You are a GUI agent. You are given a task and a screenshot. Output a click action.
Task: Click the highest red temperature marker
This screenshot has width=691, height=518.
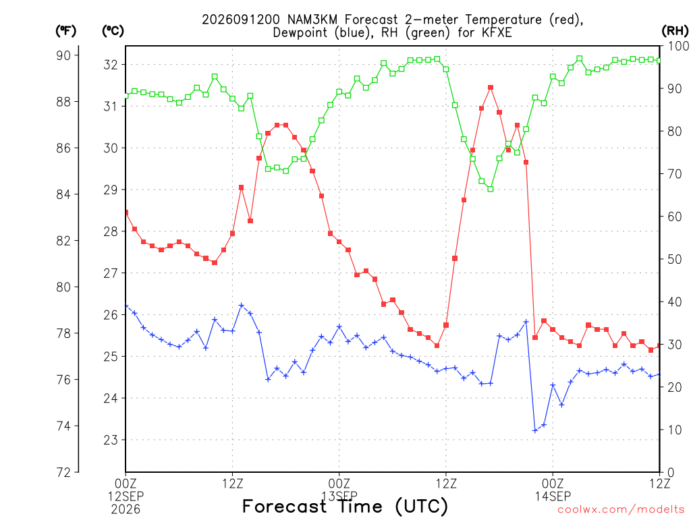pyautogui.click(x=491, y=88)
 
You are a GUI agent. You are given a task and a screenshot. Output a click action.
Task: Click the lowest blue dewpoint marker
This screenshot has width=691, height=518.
pyautogui.click(x=535, y=430)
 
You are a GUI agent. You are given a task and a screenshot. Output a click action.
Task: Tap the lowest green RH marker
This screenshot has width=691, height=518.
pyautogui.click(x=491, y=189)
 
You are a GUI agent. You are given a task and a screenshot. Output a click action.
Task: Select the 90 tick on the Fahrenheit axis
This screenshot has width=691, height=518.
pyautogui.click(x=63, y=55)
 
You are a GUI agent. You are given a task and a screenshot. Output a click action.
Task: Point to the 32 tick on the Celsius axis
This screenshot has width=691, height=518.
pyautogui.click(x=111, y=65)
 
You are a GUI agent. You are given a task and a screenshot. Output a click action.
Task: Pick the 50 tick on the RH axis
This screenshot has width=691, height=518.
pyautogui.click(x=673, y=259)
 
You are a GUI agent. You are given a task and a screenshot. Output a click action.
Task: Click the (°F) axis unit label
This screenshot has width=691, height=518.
pyautogui.click(x=65, y=31)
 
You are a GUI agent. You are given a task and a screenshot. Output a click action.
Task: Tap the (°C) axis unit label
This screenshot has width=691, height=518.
pyautogui.click(x=113, y=31)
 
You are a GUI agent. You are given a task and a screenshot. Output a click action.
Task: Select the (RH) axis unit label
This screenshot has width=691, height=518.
pyautogui.click(x=675, y=31)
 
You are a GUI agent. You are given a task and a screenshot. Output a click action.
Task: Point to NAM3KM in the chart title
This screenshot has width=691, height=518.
pyautogui.click(x=313, y=20)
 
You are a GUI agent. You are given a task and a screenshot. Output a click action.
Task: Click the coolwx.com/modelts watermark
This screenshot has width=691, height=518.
pyautogui.click(x=621, y=510)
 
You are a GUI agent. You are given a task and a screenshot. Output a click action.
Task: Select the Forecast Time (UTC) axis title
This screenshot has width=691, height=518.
pyautogui.click(x=345, y=506)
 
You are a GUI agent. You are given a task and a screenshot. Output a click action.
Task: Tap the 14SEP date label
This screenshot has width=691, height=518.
pyautogui.click(x=553, y=496)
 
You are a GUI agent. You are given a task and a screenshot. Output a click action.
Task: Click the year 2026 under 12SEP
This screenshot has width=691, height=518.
pyautogui.click(x=126, y=510)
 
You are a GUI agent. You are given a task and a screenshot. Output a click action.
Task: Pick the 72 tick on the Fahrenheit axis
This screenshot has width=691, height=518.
pyautogui.click(x=63, y=473)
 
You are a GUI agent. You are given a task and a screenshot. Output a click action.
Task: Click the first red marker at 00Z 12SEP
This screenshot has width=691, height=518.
pyautogui.click(x=126, y=212)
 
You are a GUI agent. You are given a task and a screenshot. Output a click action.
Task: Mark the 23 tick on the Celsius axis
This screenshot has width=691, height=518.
pyautogui.click(x=111, y=440)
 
